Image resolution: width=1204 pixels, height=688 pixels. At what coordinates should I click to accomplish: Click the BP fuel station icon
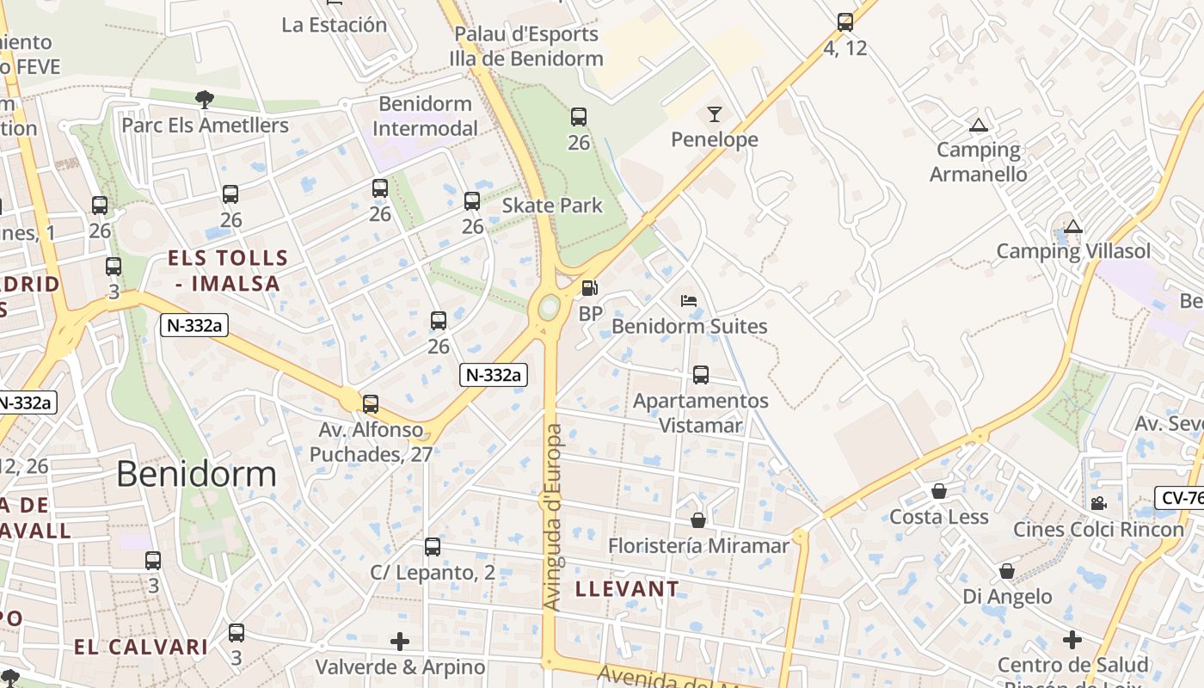pos(589,288)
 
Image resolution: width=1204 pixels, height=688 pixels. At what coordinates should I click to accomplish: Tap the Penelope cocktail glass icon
pos(715,114)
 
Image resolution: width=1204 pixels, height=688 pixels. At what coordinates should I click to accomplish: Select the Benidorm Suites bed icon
pos(689,301)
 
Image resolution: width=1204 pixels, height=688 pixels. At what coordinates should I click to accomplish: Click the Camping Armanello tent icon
pos(978,126)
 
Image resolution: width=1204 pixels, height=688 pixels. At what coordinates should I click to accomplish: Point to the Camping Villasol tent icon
pos(1072,227)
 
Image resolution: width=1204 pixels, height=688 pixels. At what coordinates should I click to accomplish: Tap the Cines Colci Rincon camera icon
pos(1098,503)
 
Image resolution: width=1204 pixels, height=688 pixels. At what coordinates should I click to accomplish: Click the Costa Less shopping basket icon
pos(939,491)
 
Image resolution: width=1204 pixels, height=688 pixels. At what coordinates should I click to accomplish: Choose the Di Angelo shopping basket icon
pos(1007,571)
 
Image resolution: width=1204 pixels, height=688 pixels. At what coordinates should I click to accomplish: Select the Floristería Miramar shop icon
pos(698,520)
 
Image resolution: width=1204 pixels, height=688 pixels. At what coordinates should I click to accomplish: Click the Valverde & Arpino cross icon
pos(400,641)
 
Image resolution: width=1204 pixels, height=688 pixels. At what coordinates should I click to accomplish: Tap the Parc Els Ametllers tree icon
pos(204,100)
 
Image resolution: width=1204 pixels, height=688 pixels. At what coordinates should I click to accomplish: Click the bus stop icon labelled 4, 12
pos(845,22)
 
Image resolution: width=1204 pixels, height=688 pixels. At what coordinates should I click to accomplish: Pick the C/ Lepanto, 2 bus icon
pos(433,547)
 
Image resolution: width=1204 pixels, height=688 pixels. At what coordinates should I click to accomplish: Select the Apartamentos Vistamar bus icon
pos(701,375)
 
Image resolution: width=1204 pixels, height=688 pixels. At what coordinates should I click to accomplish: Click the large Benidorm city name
pos(196,474)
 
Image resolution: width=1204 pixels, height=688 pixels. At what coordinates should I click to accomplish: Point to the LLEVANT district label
pos(627,589)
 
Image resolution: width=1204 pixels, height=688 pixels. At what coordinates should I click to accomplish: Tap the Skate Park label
pos(552,206)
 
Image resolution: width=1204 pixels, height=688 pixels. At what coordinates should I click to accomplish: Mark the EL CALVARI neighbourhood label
pos(141,647)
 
